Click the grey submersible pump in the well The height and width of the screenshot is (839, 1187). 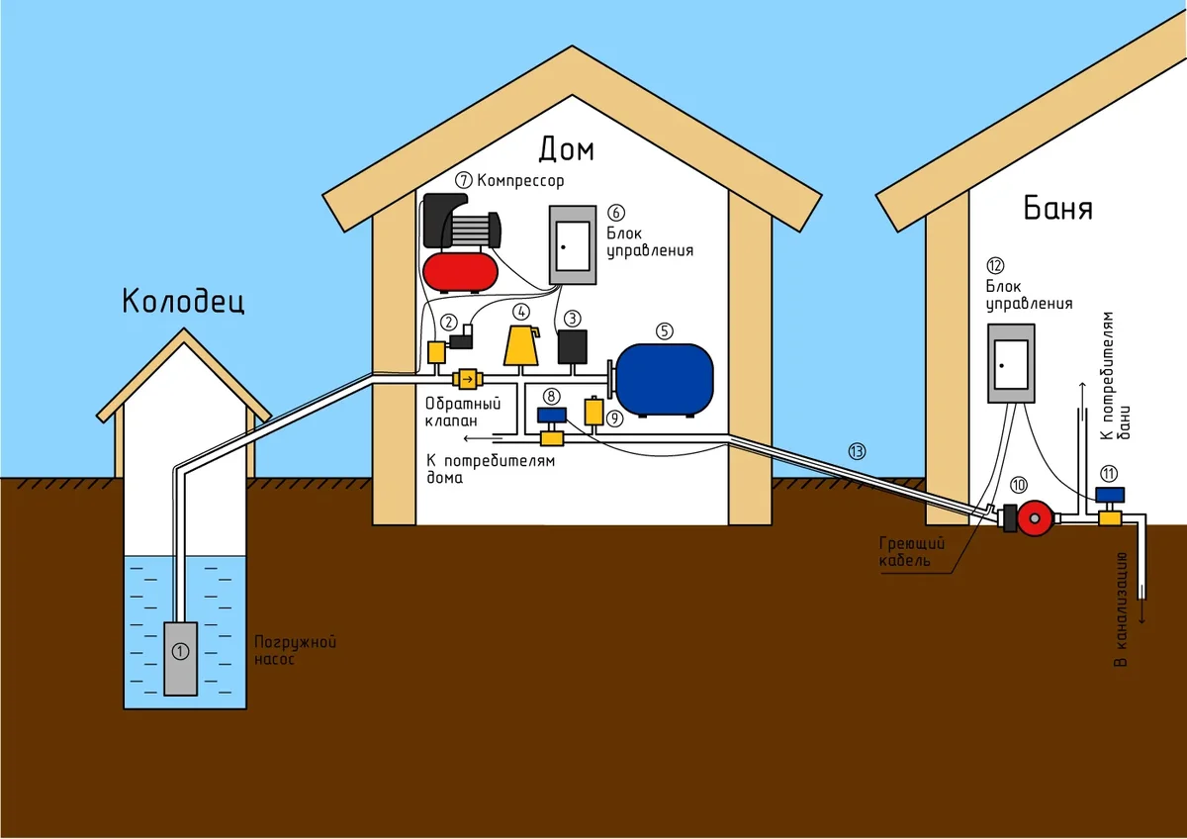click(180, 657)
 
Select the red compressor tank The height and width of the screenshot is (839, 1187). click(460, 270)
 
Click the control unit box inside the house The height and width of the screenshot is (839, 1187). click(573, 244)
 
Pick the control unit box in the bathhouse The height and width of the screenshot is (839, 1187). click(1010, 363)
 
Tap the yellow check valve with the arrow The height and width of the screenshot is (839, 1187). click(466, 379)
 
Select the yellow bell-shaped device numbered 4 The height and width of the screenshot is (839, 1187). click(521, 345)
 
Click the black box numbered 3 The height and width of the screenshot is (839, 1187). click(572, 346)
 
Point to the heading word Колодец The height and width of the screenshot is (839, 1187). click(183, 301)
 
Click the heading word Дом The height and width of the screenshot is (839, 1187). click(567, 149)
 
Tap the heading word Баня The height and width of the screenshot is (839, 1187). click(1057, 210)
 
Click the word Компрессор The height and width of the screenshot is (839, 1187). click(520, 180)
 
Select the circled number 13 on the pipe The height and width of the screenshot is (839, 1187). click(857, 451)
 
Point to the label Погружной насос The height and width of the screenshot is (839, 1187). click(282, 650)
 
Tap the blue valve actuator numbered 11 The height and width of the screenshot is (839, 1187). click(1111, 494)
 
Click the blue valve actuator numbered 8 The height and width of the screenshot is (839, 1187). click(550, 415)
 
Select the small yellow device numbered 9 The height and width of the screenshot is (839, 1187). click(593, 411)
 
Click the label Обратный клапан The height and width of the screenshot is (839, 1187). click(463, 412)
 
